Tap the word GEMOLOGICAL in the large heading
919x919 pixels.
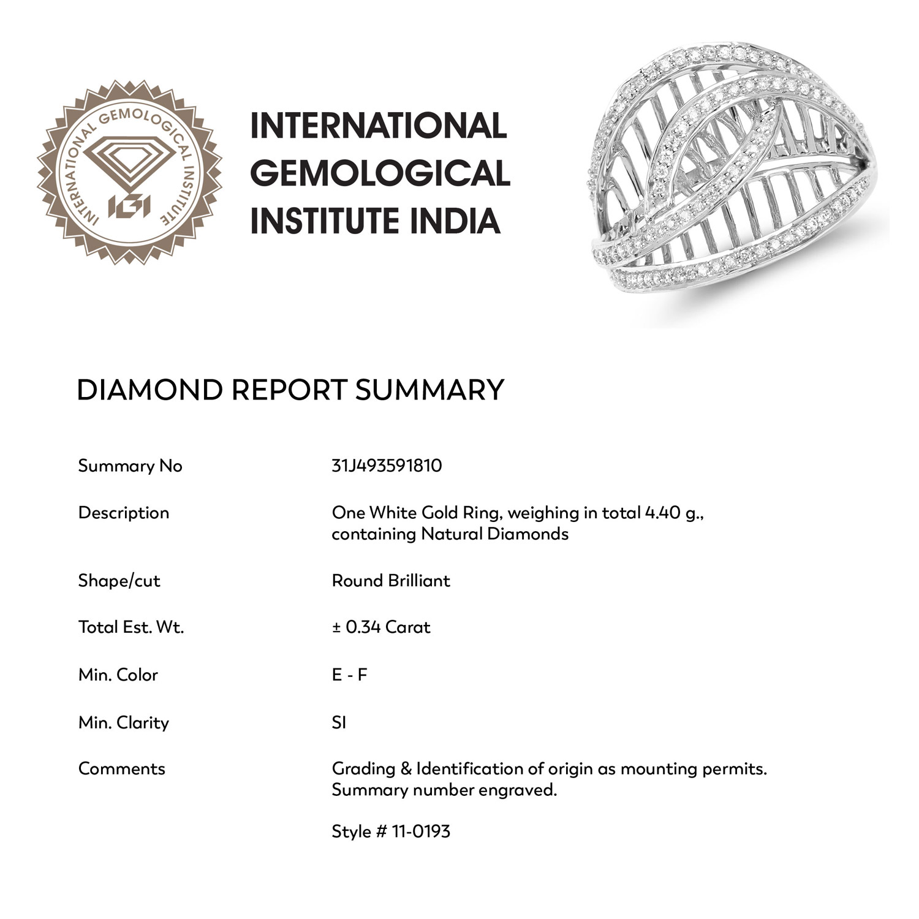(x=380, y=173)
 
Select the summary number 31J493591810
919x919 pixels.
(x=387, y=466)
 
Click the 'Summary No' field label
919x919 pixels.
(x=130, y=466)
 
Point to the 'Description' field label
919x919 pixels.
(x=123, y=513)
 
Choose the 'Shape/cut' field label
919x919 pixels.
(x=119, y=581)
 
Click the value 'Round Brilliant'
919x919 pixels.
(x=391, y=581)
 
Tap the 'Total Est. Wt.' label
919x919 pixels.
(x=130, y=627)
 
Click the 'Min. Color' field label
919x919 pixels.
(x=118, y=675)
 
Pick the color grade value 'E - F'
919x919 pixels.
(x=349, y=675)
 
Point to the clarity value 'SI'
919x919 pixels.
(x=339, y=723)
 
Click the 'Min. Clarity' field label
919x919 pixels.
(x=123, y=723)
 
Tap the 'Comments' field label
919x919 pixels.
(x=121, y=769)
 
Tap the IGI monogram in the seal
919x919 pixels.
(x=129, y=207)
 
